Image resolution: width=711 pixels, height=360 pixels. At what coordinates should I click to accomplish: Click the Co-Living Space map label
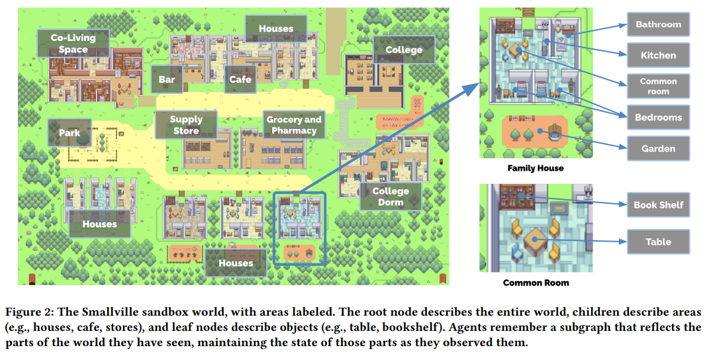tap(73, 44)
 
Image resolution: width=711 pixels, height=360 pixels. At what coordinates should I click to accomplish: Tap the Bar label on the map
tap(167, 79)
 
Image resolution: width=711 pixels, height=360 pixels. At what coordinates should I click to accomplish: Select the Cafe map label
tap(240, 79)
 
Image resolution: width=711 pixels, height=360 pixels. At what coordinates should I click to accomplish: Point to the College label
tap(404, 50)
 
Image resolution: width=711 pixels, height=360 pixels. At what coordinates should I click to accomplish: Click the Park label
tap(69, 133)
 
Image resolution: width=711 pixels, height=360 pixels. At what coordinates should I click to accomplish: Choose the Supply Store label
tap(186, 124)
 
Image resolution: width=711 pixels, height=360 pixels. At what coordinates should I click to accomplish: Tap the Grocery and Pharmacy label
tap(294, 124)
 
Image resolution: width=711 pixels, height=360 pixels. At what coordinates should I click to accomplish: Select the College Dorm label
tap(391, 196)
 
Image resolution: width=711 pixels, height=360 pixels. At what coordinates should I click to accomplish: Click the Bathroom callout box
tap(658, 24)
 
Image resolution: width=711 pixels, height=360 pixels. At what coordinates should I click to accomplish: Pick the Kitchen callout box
tap(658, 56)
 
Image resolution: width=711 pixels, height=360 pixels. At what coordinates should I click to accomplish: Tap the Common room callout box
tap(658, 86)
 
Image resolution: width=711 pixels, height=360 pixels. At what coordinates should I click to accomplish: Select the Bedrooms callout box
tap(658, 117)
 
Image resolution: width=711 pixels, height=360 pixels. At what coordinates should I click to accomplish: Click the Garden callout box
tap(658, 148)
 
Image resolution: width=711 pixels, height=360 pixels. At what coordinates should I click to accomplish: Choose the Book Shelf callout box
tap(658, 204)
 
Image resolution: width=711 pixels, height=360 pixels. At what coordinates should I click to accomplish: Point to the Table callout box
tap(658, 242)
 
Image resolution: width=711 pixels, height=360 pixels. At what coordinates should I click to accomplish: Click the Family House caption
tap(536, 168)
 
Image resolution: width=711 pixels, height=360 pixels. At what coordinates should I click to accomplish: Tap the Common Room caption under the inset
tap(536, 283)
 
